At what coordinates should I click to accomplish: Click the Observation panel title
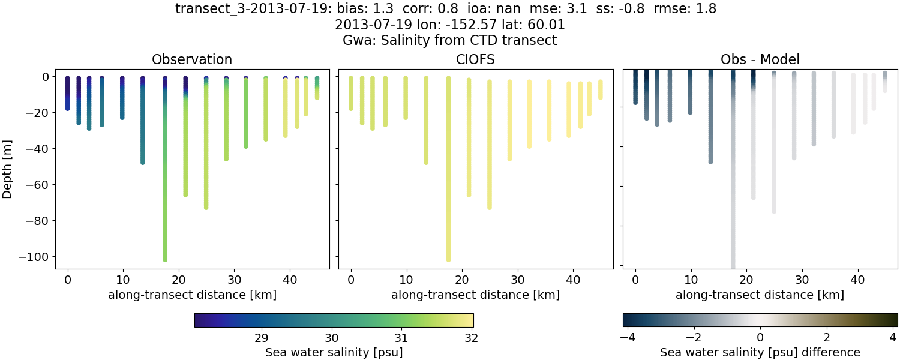point(192,59)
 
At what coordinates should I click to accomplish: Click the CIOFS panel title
point(475,59)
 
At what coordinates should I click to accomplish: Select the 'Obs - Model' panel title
point(760,59)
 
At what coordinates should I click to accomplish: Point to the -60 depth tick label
point(38,185)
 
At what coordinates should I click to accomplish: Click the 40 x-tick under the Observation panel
point(290,280)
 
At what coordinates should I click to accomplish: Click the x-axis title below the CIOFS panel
point(475,295)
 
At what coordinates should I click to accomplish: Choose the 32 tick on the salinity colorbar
point(472,337)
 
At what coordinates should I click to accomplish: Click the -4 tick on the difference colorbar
point(626,337)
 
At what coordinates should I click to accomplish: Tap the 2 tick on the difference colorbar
point(827,337)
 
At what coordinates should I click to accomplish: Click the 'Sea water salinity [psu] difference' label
point(760,352)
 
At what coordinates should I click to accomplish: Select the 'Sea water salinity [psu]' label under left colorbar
point(334,352)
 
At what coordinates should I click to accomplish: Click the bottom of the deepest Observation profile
point(165,259)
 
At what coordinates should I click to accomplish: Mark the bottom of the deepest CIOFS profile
point(448,259)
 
